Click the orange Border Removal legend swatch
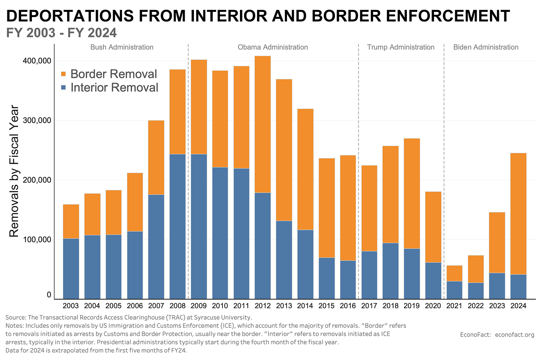[x=63, y=74]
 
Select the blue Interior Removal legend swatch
[x=63, y=88]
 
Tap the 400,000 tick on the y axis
[x=37, y=61]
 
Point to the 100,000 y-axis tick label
[x=37, y=240]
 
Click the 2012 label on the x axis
[x=262, y=306]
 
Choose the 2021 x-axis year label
[x=454, y=306]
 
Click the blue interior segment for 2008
[x=177, y=226]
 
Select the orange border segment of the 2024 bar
[x=518, y=213]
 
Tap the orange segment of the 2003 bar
[x=71, y=221]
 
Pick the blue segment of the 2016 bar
[x=348, y=280]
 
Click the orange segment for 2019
[x=412, y=193]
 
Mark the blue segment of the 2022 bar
[x=475, y=291]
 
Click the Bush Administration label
[x=122, y=47]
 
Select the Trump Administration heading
[x=401, y=47]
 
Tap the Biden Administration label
[x=485, y=47]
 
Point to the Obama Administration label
[x=273, y=47]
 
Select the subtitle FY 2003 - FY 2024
[x=62, y=33]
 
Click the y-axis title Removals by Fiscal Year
[x=14, y=171]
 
